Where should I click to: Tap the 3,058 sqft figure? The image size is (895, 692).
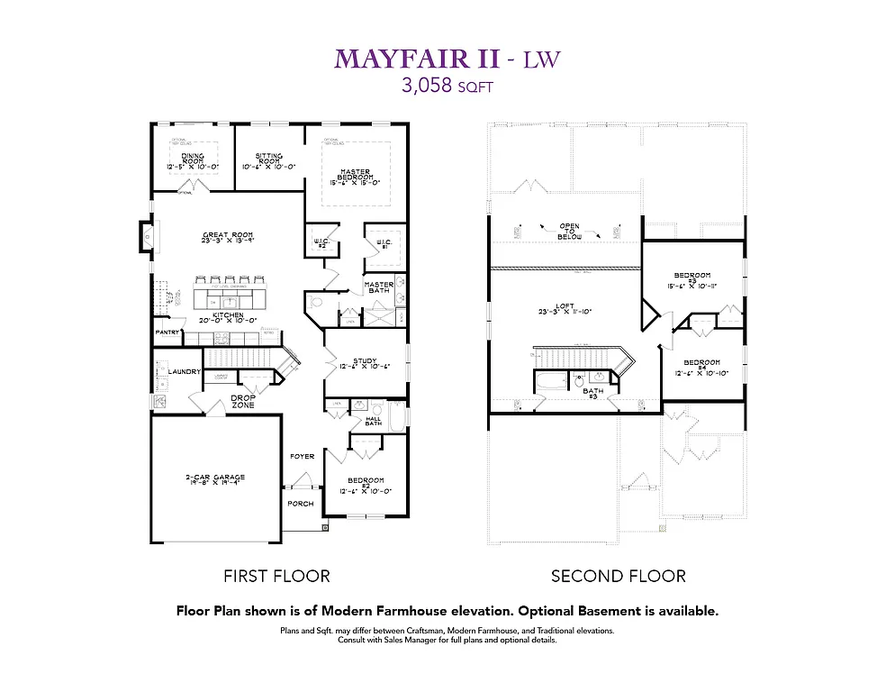[447, 86]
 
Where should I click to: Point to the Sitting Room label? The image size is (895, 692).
[268, 160]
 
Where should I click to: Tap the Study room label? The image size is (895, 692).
[365, 363]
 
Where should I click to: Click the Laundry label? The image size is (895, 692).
[183, 370]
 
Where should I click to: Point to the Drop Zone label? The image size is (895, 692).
[243, 401]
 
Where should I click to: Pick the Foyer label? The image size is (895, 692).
[302, 456]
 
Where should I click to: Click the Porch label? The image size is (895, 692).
[300, 503]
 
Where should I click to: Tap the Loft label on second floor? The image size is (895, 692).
[565, 308]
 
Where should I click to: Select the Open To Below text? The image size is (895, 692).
[570, 231]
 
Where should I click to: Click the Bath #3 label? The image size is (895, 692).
[592, 393]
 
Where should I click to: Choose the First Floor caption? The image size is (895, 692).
[276, 576]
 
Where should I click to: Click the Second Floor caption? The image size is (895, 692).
[618, 576]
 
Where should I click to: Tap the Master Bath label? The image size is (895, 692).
[379, 287]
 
